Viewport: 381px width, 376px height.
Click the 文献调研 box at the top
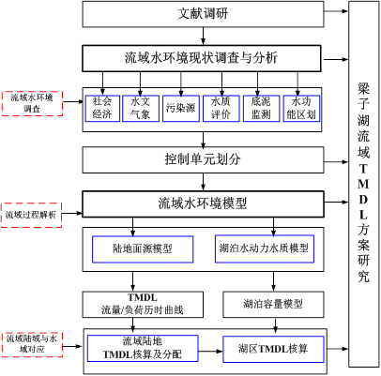tap(203, 14)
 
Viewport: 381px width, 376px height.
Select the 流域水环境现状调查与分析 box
tap(202, 58)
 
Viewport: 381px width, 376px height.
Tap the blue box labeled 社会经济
tap(102, 108)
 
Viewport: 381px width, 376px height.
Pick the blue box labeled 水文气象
tap(141, 108)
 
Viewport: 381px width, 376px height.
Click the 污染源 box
tap(181, 108)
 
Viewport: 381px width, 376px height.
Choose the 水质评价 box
tap(221, 108)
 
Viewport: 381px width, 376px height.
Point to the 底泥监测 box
tap(261, 108)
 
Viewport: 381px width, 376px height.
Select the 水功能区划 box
tap(301, 108)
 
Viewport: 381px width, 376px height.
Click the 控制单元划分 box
tap(203, 159)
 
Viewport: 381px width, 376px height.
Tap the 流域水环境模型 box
tap(203, 203)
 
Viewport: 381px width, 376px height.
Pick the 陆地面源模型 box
tap(143, 249)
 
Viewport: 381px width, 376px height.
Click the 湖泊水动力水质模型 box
tap(265, 248)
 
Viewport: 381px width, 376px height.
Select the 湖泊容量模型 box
tap(273, 305)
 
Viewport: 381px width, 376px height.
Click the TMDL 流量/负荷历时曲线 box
tap(143, 305)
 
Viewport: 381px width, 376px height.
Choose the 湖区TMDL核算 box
tap(273, 349)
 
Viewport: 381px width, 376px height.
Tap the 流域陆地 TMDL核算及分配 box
tap(143, 349)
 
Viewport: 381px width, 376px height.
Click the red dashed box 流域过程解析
tap(31, 215)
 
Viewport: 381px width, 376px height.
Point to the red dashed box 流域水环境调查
tap(32, 104)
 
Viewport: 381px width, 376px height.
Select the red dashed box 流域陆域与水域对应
tap(32, 345)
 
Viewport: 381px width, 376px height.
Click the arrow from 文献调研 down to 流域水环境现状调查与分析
tap(204, 37)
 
